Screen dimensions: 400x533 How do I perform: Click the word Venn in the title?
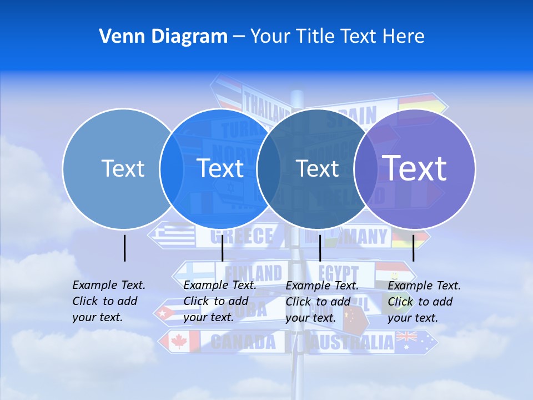click(116, 37)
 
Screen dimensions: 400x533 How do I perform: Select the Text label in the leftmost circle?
click(123, 168)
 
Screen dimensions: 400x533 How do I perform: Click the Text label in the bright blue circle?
click(220, 168)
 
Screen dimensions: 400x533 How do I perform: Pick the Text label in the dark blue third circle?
click(318, 168)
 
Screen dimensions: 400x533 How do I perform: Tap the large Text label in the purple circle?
click(415, 168)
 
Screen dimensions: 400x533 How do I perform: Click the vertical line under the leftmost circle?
click(125, 248)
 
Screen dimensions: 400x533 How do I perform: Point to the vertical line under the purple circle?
click(414, 248)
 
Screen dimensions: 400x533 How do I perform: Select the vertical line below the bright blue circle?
click(222, 248)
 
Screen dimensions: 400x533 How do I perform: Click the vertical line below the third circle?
click(320, 248)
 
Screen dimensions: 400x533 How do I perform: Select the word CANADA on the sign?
click(243, 342)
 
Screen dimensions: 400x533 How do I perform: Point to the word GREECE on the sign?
click(242, 237)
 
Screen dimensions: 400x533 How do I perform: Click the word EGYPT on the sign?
click(339, 273)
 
